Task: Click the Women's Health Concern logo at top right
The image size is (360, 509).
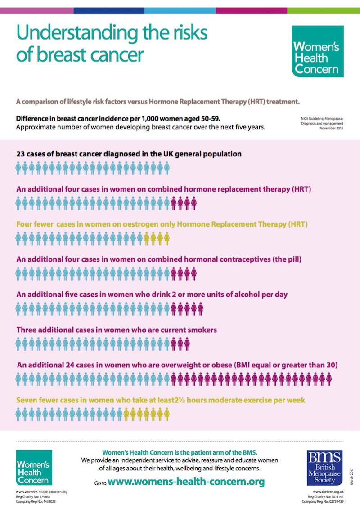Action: [318, 51]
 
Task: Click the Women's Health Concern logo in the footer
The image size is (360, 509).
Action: [34, 468]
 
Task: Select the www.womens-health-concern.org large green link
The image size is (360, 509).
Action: [186, 482]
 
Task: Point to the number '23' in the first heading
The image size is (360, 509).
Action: [21, 154]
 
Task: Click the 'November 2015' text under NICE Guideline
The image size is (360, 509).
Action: [331, 129]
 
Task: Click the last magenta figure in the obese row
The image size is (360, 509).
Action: [328, 380]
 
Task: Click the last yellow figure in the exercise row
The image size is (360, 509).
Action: [166, 414]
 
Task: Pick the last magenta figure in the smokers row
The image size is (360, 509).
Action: [187, 344]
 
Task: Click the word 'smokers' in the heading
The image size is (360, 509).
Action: [201, 330]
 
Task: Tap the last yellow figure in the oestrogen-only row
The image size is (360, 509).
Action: [166, 238]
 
